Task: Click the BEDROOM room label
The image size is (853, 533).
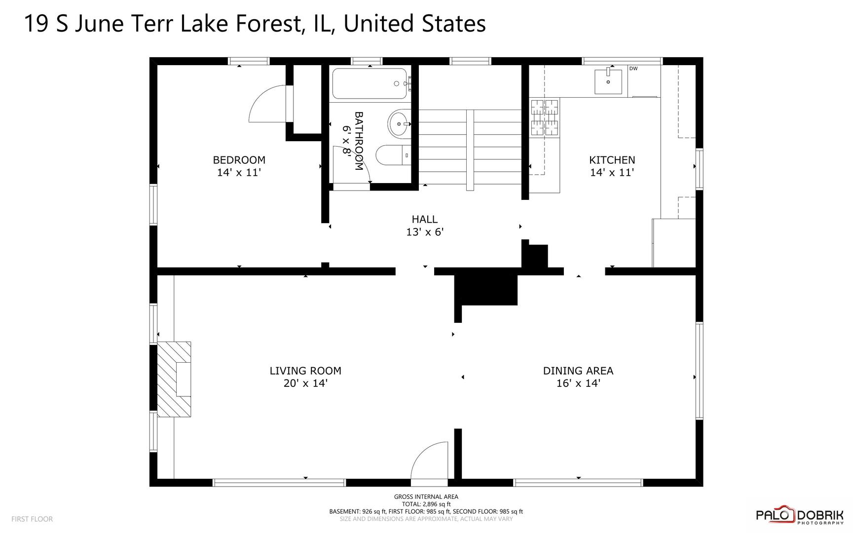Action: click(239, 160)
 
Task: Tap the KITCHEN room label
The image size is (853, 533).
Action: click(612, 160)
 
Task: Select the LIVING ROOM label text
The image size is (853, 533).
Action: click(305, 371)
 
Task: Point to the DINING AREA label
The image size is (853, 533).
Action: click(578, 371)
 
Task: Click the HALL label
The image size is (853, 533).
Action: click(425, 219)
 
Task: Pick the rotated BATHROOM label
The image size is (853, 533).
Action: click(359, 141)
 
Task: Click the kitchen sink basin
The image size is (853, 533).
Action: click(608, 81)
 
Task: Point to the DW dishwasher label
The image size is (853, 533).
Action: click(633, 69)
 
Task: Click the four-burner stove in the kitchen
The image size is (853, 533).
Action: click(545, 117)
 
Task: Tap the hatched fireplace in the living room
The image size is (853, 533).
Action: click(174, 380)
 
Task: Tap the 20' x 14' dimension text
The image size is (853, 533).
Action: click(305, 383)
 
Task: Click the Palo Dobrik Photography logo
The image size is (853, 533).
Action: click(800, 515)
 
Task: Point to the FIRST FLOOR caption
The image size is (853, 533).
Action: click(32, 519)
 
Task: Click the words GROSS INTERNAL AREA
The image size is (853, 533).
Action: click(426, 496)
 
